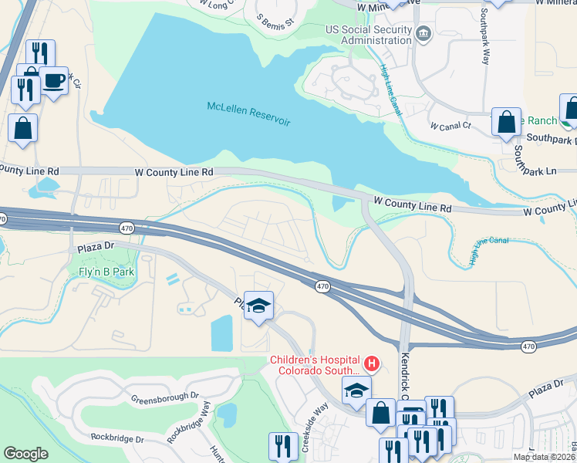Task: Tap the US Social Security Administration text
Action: pos(369,35)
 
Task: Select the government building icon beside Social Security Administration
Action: pos(423,34)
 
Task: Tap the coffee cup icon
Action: pos(53,80)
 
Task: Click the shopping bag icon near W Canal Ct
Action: pos(506,123)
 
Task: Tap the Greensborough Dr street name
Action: pos(164,399)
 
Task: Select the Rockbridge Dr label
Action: pos(116,438)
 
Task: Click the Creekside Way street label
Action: pos(316,424)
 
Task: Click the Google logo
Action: pos(25,454)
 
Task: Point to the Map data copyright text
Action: pos(543,457)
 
